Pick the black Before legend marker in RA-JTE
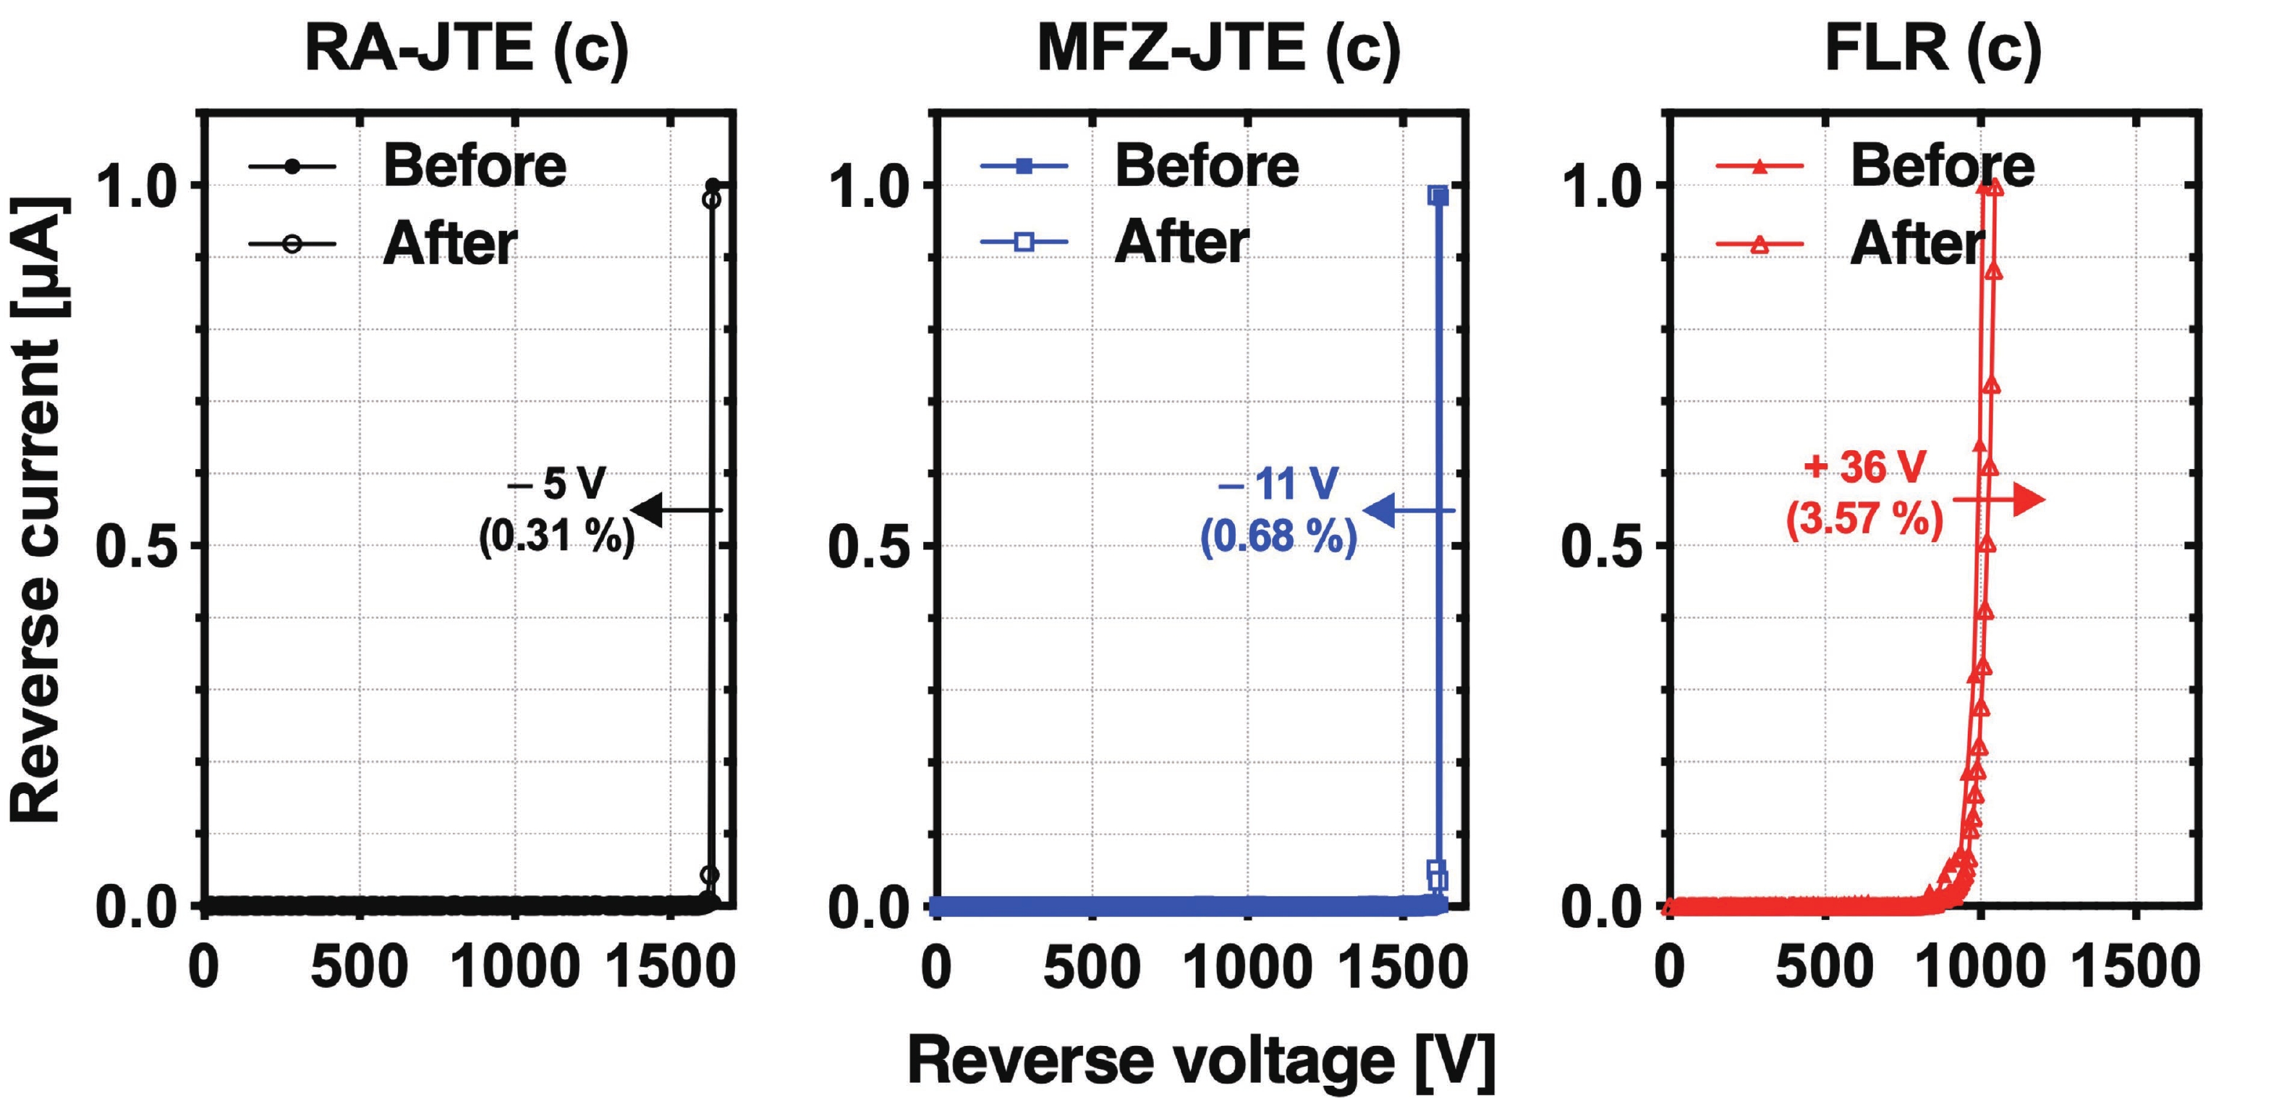[292, 166]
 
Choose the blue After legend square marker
[1024, 242]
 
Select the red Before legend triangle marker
[1760, 166]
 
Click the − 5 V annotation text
[556, 484]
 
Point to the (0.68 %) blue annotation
[1278, 536]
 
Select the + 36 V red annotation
[1864, 466]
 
